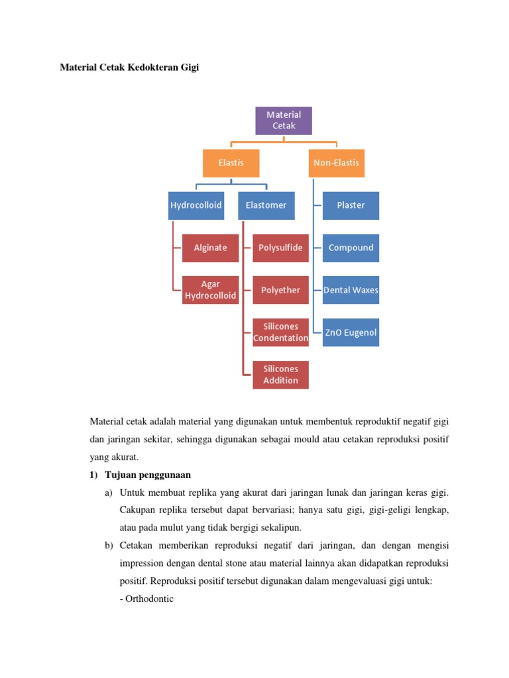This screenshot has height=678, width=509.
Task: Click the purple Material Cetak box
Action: point(284,121)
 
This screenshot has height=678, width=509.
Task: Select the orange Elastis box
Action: point(231,163)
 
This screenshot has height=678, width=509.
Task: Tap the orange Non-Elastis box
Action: point(337,163)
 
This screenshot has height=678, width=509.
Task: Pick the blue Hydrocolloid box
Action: point(196,205)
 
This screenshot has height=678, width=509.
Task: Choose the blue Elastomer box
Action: point(266,205)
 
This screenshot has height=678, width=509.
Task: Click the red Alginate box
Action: point(210,248)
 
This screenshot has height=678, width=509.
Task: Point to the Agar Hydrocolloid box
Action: point(210,290)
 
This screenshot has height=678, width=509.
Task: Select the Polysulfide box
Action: point(280,248)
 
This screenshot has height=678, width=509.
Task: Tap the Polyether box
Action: point(280,290)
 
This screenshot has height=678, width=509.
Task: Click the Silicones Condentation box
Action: point(280,332)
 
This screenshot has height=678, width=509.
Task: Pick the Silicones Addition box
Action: point(280,375)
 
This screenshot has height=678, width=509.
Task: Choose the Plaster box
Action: point(351,205)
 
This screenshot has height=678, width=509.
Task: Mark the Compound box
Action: point(351,248)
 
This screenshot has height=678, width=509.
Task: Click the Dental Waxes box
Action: point(351,290)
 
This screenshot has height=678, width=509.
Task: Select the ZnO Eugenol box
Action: point(351,332)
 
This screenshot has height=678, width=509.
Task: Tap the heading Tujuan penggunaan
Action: point(148,475)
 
